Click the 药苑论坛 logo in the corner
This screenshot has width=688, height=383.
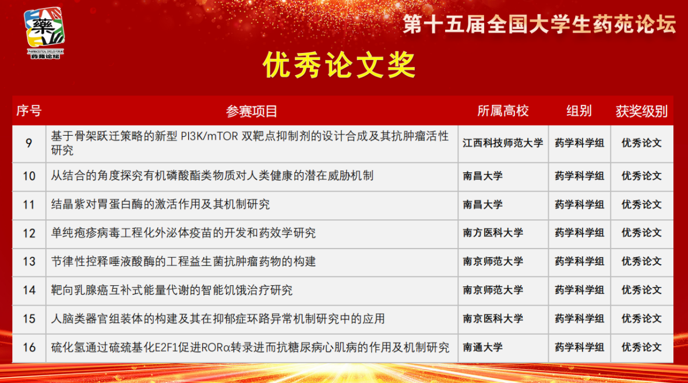45,33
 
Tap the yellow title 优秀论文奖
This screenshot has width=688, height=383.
338,65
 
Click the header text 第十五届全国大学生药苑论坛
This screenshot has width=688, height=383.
539,24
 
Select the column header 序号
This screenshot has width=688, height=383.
29,111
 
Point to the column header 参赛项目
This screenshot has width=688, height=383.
252,111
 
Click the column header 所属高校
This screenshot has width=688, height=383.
503,111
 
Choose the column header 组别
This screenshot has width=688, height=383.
579,111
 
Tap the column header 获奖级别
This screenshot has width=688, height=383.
641,111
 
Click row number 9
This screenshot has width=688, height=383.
29,143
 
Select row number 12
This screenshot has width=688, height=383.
29,233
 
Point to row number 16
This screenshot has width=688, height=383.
29,347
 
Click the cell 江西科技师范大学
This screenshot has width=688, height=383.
503,143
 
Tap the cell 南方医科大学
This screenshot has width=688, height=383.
493,233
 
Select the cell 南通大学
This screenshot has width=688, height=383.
483,347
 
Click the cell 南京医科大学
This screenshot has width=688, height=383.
493,318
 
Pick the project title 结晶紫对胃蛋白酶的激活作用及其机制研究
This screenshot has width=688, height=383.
160,204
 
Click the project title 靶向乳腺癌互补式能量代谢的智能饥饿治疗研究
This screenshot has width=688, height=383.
171,290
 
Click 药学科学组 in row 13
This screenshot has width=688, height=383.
579,261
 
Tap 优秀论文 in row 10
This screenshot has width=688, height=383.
641,176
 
